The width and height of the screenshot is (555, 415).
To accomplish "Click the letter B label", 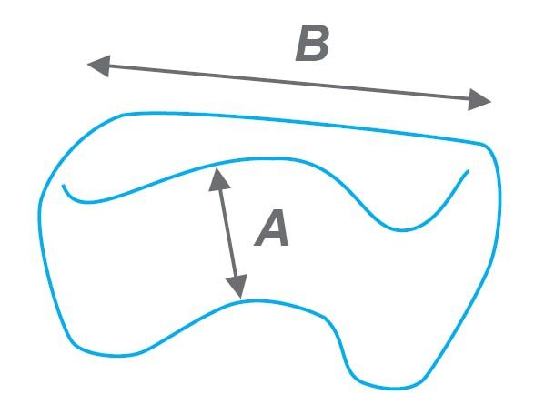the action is click(x=312, y=43).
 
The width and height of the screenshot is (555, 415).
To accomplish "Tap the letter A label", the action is click(x=272, y=228).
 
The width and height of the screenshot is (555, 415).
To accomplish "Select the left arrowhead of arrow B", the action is click(x=99, y=66).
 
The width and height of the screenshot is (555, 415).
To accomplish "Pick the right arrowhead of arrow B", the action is click(x=479, y=100).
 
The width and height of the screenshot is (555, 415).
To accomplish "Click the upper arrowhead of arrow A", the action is click(x=218, y=180).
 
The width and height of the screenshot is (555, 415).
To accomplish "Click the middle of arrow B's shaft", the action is click(x=288, y=83).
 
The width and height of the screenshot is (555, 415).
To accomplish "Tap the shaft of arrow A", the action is click(x=228, y=233).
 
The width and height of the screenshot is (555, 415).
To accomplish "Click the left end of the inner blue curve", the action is click(x=63, y=185).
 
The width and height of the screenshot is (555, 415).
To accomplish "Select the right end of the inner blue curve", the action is click(x=469, y=171).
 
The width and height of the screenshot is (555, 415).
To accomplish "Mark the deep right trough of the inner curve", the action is click(x=402, y=230).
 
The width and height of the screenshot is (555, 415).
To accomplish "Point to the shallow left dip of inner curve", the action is click(x=86, y=202).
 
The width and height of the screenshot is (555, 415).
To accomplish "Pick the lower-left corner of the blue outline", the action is click(x=76, y=345).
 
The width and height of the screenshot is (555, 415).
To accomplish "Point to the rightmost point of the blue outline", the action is click(x=499, y=202).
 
